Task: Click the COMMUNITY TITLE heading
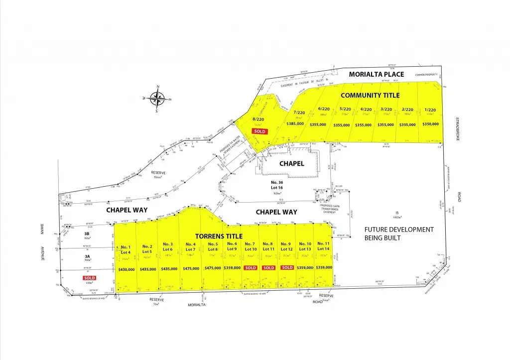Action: (370, 95)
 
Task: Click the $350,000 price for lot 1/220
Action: (430, 124)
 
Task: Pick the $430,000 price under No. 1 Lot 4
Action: (126, 269)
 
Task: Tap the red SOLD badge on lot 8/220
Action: (260, 131)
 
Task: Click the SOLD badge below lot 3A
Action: (90, 278)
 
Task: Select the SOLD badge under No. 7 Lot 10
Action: (250, 268)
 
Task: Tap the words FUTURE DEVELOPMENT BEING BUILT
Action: (398, 234)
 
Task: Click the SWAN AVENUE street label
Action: (43, 247)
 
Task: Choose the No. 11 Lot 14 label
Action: (323, 246)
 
